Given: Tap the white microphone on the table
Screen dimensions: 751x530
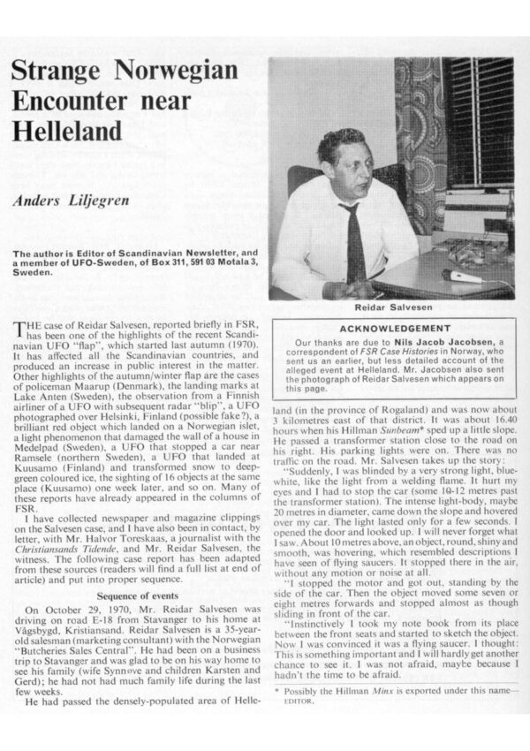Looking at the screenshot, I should (460, 275).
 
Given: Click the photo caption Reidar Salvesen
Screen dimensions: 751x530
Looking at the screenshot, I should (391, 309).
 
